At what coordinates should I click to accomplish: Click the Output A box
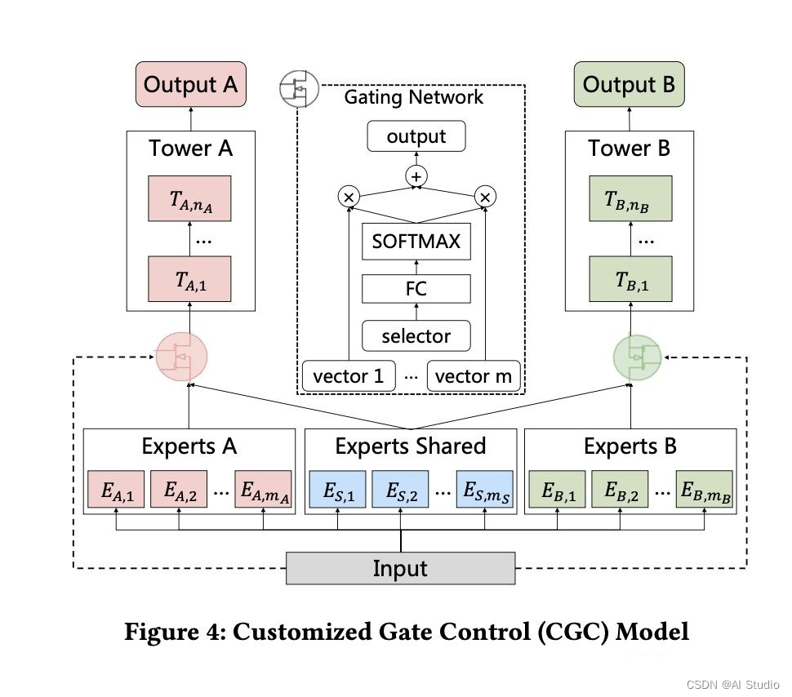191,84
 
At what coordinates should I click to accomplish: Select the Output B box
630,84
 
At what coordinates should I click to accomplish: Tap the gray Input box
401,568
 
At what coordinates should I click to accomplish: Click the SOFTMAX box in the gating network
416,242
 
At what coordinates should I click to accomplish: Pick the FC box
416,289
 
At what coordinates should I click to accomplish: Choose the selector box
416,336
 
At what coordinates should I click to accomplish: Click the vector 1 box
349,375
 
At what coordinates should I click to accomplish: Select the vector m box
474,375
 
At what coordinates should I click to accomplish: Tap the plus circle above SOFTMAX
416,176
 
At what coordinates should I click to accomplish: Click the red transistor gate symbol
181,357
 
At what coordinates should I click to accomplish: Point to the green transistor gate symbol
638,357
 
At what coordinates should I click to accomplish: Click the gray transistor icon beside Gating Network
300,89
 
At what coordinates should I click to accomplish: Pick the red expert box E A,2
179,490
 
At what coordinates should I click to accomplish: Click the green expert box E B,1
557,490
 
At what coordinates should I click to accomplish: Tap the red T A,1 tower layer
189,279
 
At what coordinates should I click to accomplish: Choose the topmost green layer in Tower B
630,198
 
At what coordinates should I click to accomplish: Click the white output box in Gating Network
416,135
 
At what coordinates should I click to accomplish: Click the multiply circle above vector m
485,197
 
